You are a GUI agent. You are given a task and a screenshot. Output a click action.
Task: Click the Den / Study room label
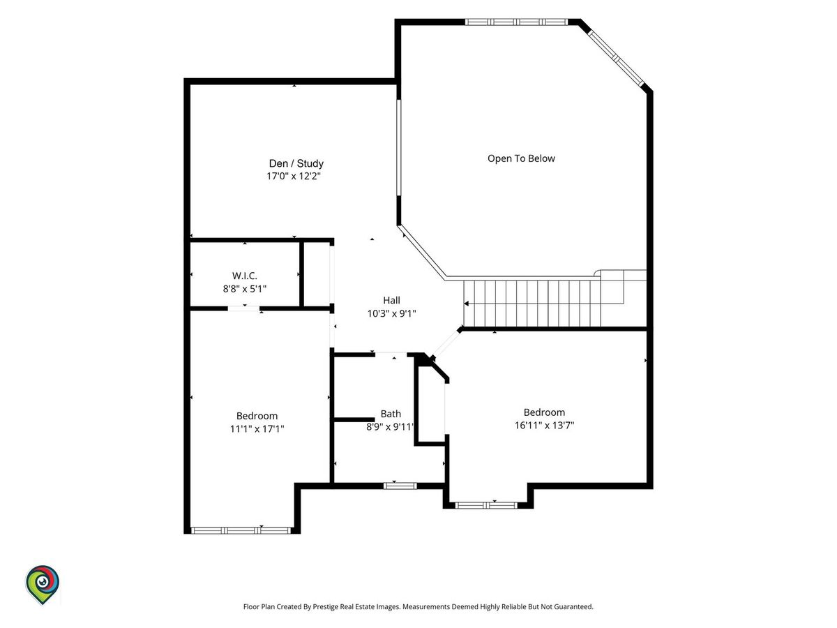tap(296, 163)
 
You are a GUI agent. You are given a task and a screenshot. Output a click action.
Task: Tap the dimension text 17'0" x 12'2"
tap(293, 176)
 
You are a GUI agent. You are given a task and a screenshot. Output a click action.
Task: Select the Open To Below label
tap(521, 158)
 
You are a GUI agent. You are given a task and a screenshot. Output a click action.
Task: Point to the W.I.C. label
tap(244, 276)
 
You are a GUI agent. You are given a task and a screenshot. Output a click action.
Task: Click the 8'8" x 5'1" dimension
tap(244, 289)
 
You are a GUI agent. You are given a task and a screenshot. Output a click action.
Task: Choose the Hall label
tap(391, 301)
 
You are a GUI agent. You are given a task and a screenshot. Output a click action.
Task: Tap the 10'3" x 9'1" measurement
tap(391, 313)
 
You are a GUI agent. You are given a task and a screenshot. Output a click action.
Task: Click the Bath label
tap(391, 414)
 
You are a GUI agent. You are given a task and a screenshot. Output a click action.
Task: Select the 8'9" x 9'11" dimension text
tap(390, 426)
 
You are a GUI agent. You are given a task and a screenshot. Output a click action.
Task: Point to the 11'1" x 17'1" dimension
tap(257, 429)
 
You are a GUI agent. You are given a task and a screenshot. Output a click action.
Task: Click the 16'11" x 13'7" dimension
tap(544, 425)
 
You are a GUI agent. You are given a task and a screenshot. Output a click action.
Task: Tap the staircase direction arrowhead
tap(466, 304)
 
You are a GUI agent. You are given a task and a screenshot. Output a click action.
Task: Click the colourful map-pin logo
tap(43, 584)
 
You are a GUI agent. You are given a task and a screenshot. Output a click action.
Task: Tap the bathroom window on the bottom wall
tap(400, 486)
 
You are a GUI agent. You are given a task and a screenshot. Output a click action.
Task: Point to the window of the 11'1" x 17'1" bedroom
tap(241, 530)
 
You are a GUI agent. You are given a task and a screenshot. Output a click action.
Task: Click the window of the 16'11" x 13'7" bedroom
tap(486, 506)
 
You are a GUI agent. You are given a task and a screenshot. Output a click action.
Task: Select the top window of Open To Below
tap(516, 22)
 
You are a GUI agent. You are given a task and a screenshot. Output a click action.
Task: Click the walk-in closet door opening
tap(243, 308)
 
